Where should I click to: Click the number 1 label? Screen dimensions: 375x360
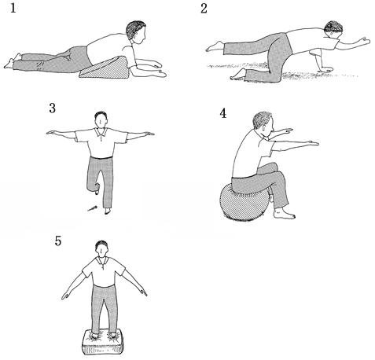(13, 8)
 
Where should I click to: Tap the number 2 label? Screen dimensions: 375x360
(204, 8)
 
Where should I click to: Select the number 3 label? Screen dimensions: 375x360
(53, 108)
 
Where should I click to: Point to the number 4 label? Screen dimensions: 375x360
(222, 113)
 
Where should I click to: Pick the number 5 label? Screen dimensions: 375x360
(58, 241)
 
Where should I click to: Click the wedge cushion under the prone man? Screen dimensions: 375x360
(105, 69)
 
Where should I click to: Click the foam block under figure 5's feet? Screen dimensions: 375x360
(102, 342)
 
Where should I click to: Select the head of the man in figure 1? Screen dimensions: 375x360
(136, 31)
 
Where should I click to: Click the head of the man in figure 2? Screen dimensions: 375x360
(333, 29)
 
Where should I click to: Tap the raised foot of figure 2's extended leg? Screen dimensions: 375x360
(215, 46)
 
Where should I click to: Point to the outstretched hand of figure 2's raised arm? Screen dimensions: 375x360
(364, 41)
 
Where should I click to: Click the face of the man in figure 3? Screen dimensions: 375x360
(101, 121)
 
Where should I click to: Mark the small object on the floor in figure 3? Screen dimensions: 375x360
(92, 208)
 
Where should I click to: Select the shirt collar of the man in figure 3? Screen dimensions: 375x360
(101, 132)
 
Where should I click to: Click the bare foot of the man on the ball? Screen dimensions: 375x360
(285, 214)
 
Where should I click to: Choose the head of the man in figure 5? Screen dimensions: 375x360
(101, 248)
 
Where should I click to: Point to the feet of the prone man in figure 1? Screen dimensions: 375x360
(13, 61)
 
